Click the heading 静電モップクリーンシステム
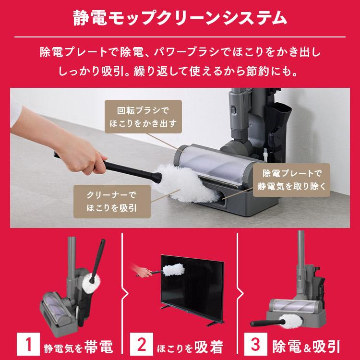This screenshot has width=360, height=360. coord(180,18)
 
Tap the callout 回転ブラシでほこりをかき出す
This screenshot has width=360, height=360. coord(144,116)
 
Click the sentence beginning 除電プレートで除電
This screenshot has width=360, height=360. coord(180,52)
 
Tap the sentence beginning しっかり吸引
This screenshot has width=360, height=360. coord(180,72)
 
